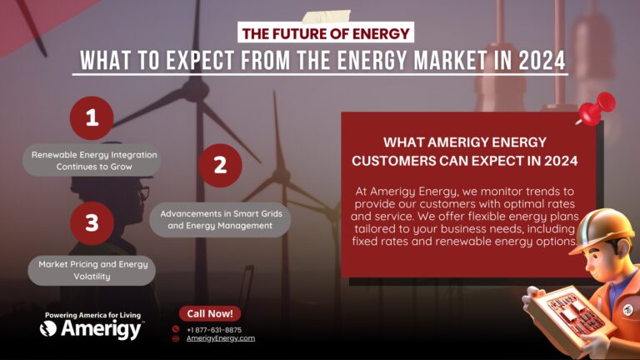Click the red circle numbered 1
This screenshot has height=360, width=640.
(x=92, y=119)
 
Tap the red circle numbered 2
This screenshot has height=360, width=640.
(x=220, y=165)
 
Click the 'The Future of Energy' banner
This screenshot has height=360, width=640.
(x=326, y=34)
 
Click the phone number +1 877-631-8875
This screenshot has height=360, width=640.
(x=215, y=329)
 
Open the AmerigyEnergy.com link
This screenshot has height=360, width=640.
(x=220, y=338)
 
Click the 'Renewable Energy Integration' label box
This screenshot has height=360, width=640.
(x=90, y=161)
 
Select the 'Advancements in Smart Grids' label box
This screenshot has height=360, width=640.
(x=221, y=220)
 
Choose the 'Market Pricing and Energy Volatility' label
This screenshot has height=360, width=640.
(x=92, y=270)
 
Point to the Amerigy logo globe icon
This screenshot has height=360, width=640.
(x=48, y=329)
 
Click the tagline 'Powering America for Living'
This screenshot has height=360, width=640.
(x=92, y=315)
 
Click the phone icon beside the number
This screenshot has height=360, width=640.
(x=176, y=329)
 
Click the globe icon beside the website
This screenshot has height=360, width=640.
(x=176, y=338)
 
